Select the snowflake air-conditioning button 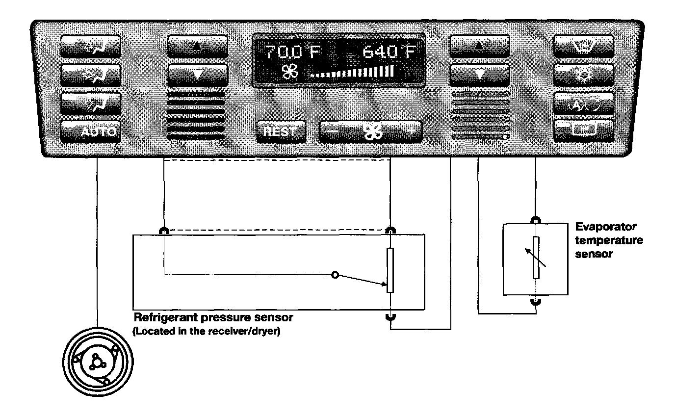click(x=583, y=75)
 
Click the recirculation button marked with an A click(x=583, y=103)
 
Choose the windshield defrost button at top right click(x=583, y=48)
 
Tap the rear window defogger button click(x=583, y=131)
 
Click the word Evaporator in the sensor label click(x=606, y=227)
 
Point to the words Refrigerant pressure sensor click(x=213, y=317)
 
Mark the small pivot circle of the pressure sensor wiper click(x=335, y=275)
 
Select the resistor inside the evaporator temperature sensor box click(x=536, y=258)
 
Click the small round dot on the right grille click(x=505, y=138)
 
